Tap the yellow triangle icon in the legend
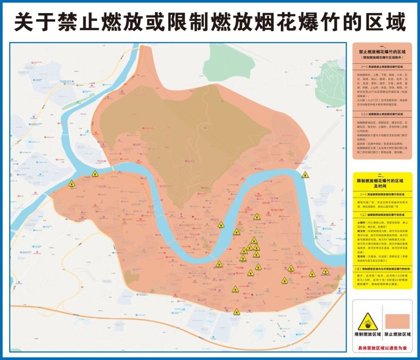pyautogui.click(x=367, y=322)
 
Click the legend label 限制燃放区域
pyautogui.click(x=367, y=335)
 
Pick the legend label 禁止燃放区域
pyautogui.click(x=397, y=335)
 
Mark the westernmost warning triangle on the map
pyautogui.click(x=72, y=185)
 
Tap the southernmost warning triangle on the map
pyautogui.click(x=237, y=312)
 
